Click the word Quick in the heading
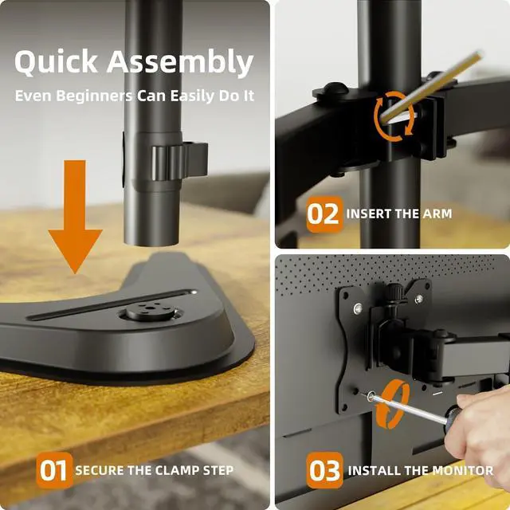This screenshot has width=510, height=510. (56, 63)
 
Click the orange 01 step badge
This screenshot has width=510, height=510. (53, 470)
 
